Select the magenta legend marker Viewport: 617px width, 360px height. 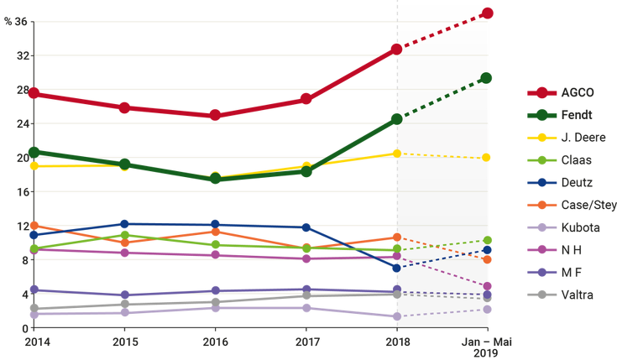542,249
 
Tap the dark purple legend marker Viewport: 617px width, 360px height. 542,272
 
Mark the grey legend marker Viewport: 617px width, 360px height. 542,295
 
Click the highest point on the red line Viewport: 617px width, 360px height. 489,13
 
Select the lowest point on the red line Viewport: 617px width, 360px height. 215,114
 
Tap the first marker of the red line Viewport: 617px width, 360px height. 33,93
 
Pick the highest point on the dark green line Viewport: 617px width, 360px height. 488,78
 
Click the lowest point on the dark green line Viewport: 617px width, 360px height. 215,179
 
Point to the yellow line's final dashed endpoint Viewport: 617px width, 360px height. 488,158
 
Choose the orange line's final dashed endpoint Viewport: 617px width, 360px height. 488,260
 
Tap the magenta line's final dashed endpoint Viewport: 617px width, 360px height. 488,287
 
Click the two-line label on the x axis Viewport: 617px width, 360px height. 488,347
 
